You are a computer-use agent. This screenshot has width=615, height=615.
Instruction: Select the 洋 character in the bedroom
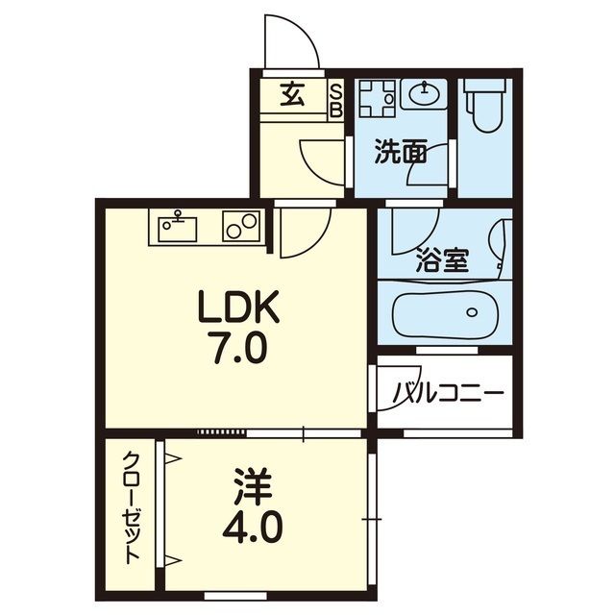pyautogui.click(x=245, y=484)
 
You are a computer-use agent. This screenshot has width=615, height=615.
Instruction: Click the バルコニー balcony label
pyautogui.click(x=448, y=393)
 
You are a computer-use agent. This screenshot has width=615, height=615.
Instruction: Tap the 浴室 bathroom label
pyautogui.click(x=442, y=260)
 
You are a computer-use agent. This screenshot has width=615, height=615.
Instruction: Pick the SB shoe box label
pyautogui.click(x=336, y=100)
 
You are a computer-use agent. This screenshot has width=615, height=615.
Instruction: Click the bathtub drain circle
pyautogui.click(x=472, y=311)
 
